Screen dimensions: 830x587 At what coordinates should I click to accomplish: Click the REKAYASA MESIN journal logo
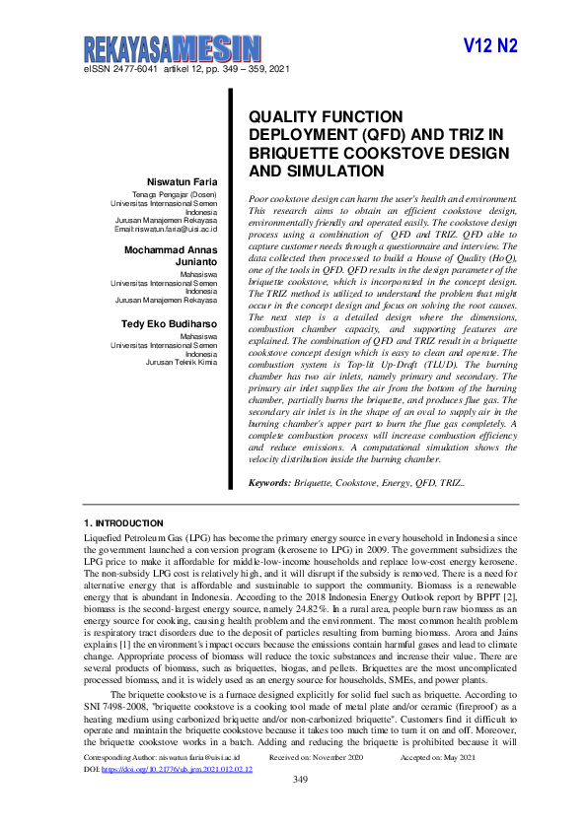(x=172, y=48)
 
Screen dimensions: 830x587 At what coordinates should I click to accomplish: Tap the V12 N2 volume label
(x=490, y=46)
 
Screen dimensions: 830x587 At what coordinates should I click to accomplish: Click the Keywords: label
(x=269, y=484)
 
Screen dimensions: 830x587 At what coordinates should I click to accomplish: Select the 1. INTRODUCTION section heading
(x=123, y=521)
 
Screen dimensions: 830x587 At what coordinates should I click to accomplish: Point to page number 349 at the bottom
(x=302, y=807)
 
